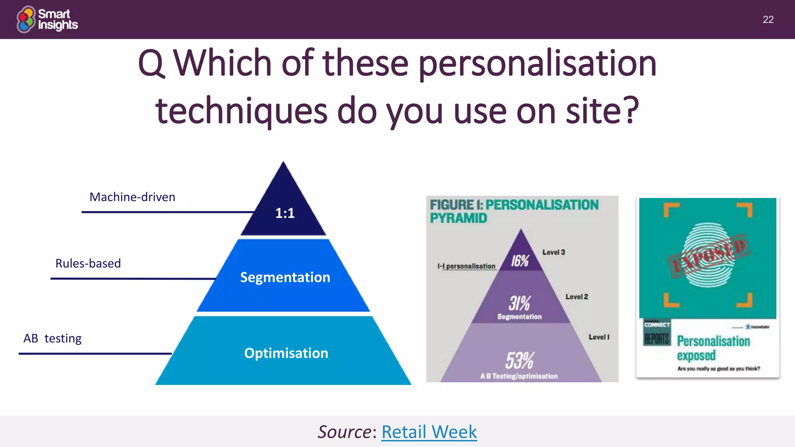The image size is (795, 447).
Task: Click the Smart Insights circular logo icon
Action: click(x=26, y=19)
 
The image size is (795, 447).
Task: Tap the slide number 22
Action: click(x=768, y=19)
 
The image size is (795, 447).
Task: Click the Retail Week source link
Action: click(x=429, y=432)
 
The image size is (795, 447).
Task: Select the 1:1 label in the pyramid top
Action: click(x=285, y=213)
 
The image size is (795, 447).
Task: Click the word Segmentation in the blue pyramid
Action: click(x=285, y=277)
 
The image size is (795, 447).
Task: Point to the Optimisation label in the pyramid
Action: click(x=286, y=353)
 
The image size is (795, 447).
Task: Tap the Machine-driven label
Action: click(x=132, y=197)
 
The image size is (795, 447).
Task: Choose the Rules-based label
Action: click(x=88, y=263)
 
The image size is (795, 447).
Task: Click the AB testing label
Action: click(x=52, y=338)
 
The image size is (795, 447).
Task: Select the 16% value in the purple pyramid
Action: click(x=520, y=261)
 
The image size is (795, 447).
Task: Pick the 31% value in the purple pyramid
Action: click(x=519, y=303)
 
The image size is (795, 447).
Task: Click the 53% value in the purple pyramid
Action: click(x=519, y=360)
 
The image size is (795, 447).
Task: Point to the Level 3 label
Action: click(x=554, y=252)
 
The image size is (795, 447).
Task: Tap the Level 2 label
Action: click(x=576, y=297)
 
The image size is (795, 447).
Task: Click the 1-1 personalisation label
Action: click(x=467, y=266)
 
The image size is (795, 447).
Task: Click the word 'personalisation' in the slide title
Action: click(x=537, y=64)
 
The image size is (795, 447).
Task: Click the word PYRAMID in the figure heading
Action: click(x=458, y=218)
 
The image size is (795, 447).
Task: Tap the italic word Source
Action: click(x=345, y=432)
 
